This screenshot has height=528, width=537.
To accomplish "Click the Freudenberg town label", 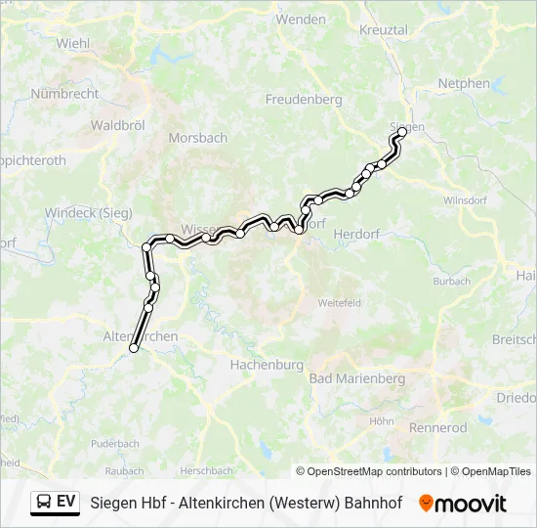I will [x=304, y=99].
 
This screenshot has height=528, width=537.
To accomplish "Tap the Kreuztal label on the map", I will [x=383, y=30].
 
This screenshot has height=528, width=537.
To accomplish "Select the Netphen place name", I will [x=464, y=84].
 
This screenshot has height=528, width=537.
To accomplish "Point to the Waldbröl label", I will [x=118, y=125].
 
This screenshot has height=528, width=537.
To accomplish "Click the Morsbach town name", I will [x=197, y=138].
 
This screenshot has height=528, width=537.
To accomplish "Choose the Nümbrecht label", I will [x=64, y=94].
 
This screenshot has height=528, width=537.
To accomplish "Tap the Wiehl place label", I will [x=73, y=43].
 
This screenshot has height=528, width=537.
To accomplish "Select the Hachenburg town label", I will [x=266, y=364].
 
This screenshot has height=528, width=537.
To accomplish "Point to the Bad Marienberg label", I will [x=356, y=378].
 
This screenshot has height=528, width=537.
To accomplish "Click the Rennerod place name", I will [x=438, y=427].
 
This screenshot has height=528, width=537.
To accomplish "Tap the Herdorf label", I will [x=356, y=234].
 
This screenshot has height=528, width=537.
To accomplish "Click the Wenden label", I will [x=301, y=19].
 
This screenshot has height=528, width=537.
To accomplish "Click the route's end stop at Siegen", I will [x=402, y=132].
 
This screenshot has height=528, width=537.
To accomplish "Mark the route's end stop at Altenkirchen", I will [x=134, y=348].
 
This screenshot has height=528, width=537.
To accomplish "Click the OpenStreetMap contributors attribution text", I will [x=369, y=471].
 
